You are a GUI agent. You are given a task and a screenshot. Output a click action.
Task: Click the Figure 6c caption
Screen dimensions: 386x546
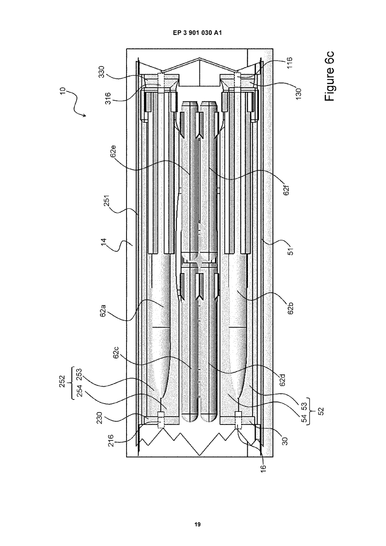point(330,76)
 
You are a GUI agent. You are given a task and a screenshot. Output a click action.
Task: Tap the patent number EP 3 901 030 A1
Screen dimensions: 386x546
point(198,33)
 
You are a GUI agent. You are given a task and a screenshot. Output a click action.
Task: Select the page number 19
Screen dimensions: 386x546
point(198,522)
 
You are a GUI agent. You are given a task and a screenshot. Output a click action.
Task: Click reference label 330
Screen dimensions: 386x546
point(102,72)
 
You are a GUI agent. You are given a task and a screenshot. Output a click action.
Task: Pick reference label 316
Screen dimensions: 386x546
point(108,98)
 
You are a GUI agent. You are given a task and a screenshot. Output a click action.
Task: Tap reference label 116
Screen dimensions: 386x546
point(289,63)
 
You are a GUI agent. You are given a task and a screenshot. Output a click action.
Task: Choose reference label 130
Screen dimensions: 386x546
point(299,93)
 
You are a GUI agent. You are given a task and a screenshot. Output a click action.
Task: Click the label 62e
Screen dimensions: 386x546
point(114,152)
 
